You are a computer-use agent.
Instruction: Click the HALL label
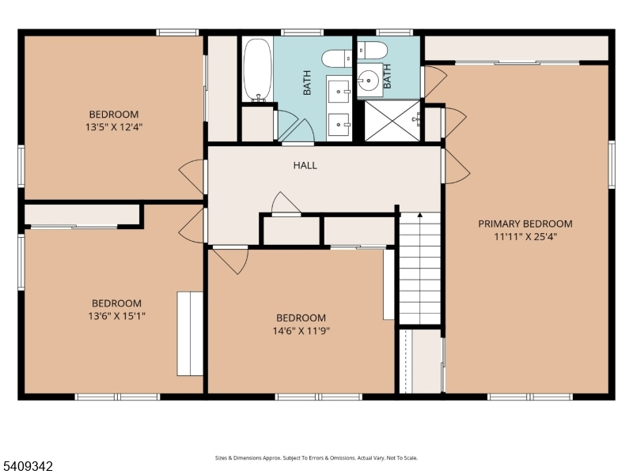pyautogui.click(x=305, y=165)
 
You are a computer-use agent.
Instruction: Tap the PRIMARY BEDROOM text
pyautogui.click(x=525, y=224)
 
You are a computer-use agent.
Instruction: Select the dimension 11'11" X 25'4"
pyautogui.click(x=525, y=236)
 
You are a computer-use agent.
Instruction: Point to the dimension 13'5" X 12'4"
pyautogui.click(x=114, y=127)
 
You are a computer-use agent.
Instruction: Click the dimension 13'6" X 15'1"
pyautogui.click(x=116, y=315)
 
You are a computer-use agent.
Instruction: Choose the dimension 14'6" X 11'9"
pyautogui.click(x=301, y=331)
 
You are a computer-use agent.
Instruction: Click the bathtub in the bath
pyautogui.click(x=258, y=70)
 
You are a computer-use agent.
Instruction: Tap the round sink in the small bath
pyautogui.click(x=368, y=81)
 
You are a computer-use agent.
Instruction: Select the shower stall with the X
pyautogui.click(x=392, y=121)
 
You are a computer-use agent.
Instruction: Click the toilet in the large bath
pyautogui.click(x=337, y=58)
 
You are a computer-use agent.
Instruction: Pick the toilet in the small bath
pyautogui.click(x=372, y=51)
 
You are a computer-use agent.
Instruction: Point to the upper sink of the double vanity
pyautogui.click(x=339, y=91)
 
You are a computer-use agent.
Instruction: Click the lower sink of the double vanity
pyautogui.click(x=339, y=125)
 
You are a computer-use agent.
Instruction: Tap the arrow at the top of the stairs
pyautogui.click(x=420, y=215)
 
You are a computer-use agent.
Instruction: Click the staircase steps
pyautogui.click(x=420, y=268)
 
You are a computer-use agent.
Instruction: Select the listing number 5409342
pyautogui.click(x=27, y=466)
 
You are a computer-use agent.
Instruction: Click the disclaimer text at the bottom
pyautogui.click(x=316, y=458)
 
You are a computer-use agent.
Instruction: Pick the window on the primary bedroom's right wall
pyautogui.click(x=612, y=164)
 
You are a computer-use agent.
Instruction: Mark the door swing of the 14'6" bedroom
pyautogui.click(x=230, y=260)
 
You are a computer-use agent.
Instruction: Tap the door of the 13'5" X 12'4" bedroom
pyautogui.click(x=192, y=176)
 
